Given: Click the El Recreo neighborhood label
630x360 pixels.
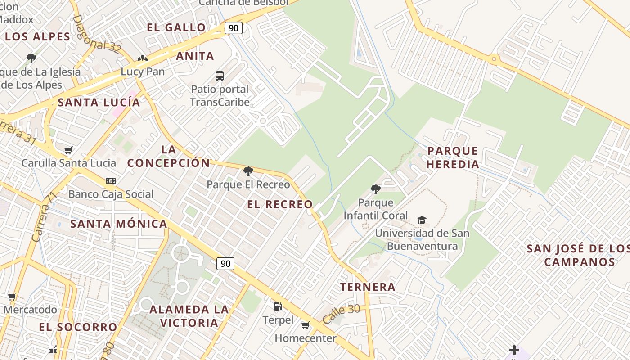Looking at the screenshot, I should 279,204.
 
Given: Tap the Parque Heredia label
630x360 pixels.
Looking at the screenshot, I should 453,157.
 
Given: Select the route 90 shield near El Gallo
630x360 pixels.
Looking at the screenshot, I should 233,28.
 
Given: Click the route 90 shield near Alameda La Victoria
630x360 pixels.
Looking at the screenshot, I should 225,263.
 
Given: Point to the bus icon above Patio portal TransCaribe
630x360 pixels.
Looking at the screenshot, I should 220,76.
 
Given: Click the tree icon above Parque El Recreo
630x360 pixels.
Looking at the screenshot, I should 248,171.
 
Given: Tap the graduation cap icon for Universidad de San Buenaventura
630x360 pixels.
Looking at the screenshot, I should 422,220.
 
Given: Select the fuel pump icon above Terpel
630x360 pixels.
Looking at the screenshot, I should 278,307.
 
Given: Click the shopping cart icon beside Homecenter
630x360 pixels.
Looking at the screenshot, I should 306,325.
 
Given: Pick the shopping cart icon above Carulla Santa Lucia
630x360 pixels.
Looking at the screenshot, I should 68,150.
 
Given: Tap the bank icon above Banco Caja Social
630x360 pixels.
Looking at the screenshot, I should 111,181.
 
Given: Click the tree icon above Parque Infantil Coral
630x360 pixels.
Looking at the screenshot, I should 375,189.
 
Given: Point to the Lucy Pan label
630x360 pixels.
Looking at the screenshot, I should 143,72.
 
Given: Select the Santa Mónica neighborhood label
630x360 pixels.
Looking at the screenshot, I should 119,224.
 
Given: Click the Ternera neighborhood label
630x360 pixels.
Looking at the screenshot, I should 368,287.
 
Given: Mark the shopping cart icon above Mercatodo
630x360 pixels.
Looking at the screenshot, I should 12,297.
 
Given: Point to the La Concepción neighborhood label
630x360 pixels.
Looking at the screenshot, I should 168,157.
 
